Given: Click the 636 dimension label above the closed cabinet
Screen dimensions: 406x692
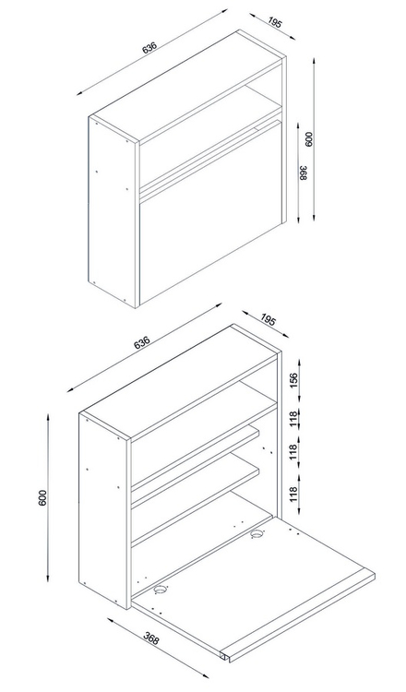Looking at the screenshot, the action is [149, 48].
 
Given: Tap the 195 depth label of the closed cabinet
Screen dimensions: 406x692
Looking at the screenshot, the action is [274, 23].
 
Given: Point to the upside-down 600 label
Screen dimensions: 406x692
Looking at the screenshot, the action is [308, 140].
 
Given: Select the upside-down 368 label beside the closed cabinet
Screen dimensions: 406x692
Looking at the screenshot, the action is [303, 173].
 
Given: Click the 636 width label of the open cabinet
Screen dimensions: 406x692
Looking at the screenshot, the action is [142, 342].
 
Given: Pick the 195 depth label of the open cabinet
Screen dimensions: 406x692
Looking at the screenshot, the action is [268, 319].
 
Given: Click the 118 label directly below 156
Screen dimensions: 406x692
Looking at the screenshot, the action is [294, 418].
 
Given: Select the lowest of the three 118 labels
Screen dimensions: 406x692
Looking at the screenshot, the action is [294, 489].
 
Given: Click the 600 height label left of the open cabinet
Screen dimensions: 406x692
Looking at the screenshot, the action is [42, 498].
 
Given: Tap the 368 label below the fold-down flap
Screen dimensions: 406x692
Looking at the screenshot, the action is [151, 638].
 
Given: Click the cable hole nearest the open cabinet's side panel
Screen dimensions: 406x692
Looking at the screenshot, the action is [161, 589].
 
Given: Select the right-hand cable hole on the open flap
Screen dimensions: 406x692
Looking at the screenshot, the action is [257, 534].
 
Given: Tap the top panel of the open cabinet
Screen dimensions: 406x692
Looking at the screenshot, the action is [180, 382].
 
